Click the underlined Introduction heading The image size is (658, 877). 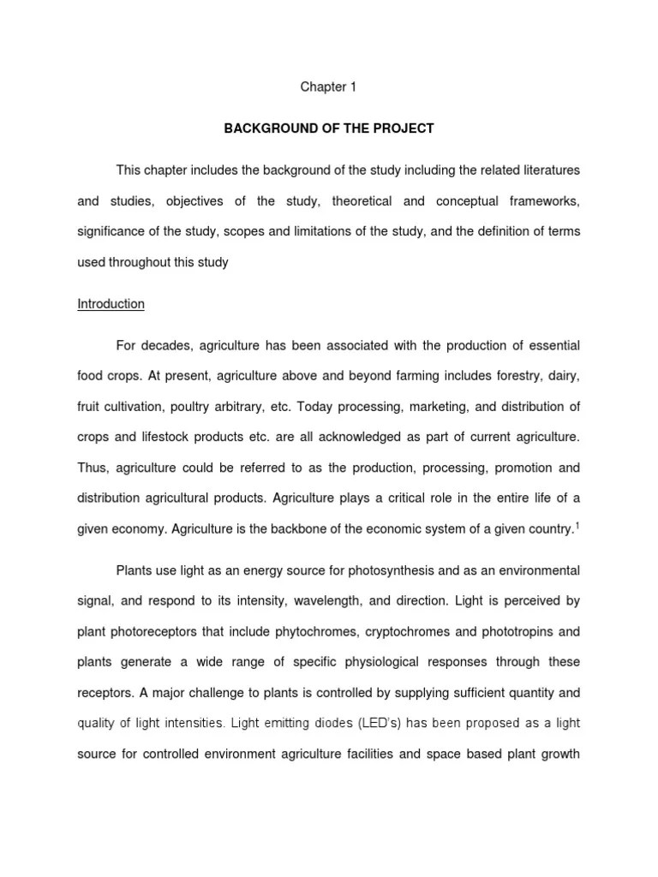point(111,304)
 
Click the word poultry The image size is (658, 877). point(192,407)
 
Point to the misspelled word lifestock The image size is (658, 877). point(171,438)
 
